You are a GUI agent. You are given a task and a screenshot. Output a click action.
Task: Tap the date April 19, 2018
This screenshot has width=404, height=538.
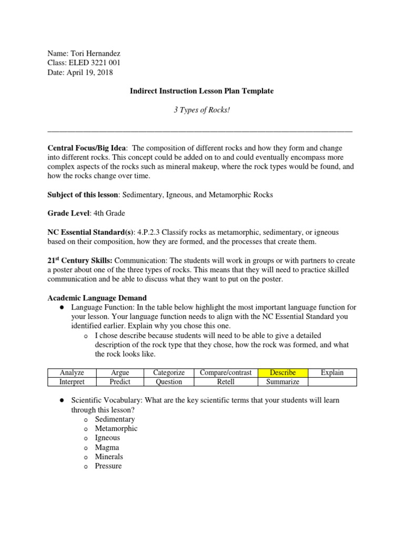click(90, 73)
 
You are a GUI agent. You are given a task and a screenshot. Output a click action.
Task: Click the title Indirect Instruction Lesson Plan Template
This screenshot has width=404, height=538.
click(202, 91)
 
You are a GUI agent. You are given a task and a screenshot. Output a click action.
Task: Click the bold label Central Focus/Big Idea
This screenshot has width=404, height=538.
click(88, 149)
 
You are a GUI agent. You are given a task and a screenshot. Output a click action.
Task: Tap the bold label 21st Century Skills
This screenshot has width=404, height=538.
click(80, 261)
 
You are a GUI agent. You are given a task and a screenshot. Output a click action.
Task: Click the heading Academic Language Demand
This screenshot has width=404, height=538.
click(97, 298)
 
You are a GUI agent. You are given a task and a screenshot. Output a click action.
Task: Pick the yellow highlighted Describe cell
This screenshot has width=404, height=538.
click(282, 373)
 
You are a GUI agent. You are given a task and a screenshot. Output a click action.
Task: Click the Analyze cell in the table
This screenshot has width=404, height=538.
click(72, 373)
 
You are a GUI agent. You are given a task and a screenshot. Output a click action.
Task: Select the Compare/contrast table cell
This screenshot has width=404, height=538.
click(226, 373)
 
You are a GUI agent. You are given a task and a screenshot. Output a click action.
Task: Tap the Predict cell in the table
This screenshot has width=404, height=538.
click(120, 382)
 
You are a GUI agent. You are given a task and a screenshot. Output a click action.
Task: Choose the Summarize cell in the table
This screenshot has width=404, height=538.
click(282, 382)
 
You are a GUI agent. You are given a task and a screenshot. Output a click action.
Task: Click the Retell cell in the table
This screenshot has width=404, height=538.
click(226, 382)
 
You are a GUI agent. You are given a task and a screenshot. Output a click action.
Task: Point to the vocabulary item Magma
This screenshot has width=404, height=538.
click(107, 448)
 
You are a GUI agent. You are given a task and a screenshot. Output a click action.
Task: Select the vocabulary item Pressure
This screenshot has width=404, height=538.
click(108, 466)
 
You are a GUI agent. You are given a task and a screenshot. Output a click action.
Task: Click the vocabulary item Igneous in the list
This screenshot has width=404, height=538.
click(107, 438)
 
